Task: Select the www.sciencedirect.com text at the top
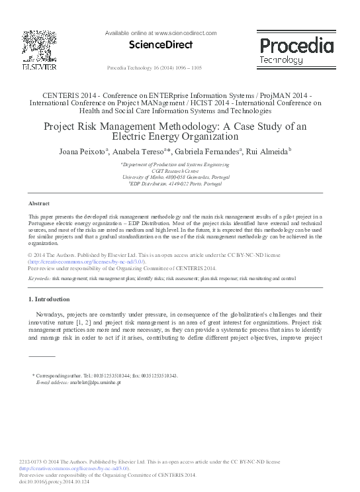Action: pos(187,32)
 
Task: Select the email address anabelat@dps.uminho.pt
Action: pos(95,383)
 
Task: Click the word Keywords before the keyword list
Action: pos(40,279)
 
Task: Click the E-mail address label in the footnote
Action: pos(52,383)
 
